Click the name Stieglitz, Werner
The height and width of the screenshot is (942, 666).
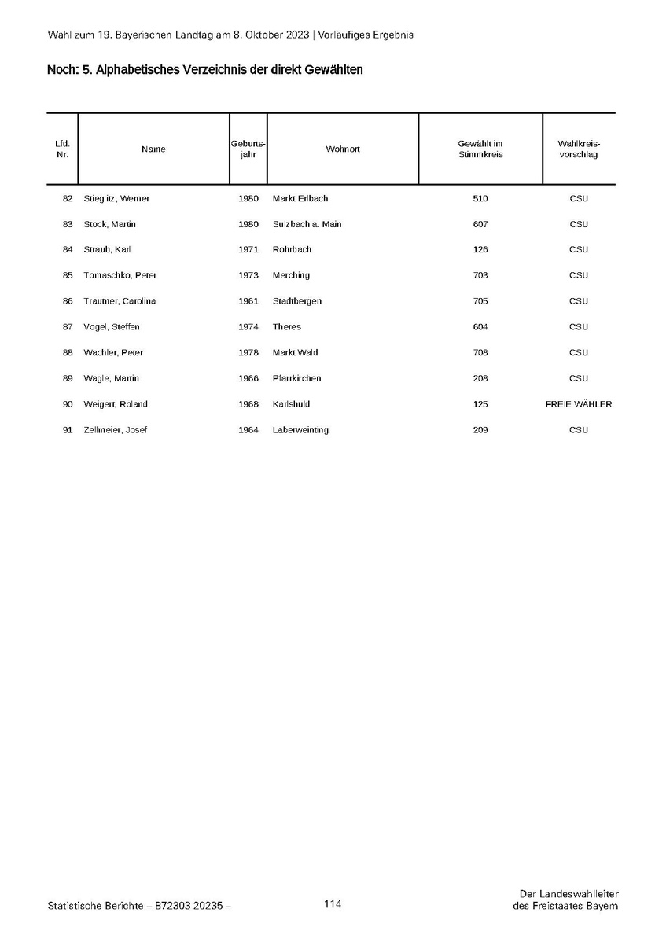click(116, 198)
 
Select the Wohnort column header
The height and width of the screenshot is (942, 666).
click(342, 149)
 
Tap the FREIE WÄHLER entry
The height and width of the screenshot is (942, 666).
click(578, 404)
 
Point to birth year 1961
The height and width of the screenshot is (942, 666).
click(248, 301)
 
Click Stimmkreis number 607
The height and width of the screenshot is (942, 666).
click(480, 224)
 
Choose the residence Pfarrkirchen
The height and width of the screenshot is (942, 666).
click(296, 378)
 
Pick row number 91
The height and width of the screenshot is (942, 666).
click(68, 430)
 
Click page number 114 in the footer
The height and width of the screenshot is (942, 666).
click(333, 904)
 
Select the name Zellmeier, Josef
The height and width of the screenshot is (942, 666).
click(115, 430)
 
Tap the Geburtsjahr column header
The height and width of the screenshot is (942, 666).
click(248, 149)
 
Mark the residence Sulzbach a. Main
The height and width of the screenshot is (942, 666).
click(307, 224)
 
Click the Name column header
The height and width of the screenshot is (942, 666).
click(153, 149)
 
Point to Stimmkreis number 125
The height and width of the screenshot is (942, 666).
click(480, 404)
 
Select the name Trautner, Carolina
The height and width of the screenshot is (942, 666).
click(120, 301)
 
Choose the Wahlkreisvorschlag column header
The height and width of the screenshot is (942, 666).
click(578, 149)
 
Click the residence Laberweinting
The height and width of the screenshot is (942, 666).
click(300, 430)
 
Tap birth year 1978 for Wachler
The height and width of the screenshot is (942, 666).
click(248, 352)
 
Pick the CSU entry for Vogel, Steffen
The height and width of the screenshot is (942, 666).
click(578, 326)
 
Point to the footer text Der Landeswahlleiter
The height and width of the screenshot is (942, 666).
click(568, 893)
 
